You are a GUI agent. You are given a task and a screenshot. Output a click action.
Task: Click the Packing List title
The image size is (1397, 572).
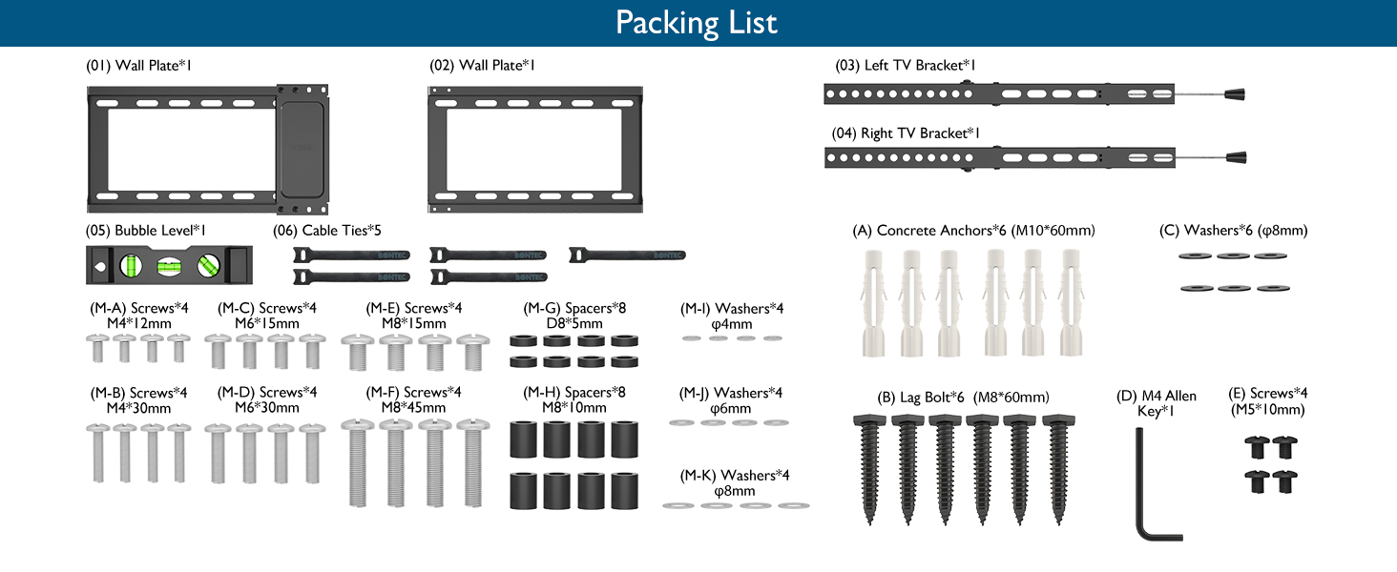[696, 23]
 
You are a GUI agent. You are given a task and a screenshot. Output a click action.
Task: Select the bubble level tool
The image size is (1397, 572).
[169, 265]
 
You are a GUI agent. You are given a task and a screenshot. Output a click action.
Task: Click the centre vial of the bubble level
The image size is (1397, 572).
[169, 267]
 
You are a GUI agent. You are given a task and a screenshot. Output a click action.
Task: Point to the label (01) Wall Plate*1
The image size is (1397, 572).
[138, 66]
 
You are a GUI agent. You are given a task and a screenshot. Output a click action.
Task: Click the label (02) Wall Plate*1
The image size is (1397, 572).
[482, 66]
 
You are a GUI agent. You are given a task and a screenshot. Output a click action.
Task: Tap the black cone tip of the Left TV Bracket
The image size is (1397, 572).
[1235, 94]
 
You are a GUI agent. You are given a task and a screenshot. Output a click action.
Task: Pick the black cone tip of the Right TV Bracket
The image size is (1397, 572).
[1236, 157]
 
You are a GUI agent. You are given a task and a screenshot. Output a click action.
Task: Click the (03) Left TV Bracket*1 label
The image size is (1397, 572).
[905, 66]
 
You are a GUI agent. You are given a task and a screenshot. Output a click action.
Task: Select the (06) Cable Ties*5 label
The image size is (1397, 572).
[326, 231]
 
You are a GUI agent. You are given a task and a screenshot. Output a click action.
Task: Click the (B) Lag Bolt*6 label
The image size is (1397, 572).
[921, 397]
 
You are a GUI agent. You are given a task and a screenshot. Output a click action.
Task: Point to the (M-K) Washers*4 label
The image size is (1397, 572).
[735, 476]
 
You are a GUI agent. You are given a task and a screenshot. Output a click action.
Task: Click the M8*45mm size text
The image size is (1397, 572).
[413, 407]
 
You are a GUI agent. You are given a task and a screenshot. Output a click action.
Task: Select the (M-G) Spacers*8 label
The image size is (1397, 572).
[574, 308]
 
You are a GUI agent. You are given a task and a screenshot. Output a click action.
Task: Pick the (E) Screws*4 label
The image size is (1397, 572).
[1268, 393]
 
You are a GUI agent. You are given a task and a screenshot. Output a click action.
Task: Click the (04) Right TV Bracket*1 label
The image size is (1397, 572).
[906, 133]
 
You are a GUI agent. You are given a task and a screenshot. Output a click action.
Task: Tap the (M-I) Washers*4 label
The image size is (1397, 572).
[732, 309]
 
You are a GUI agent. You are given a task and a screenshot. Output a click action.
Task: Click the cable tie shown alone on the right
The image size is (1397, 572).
[627, 255]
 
